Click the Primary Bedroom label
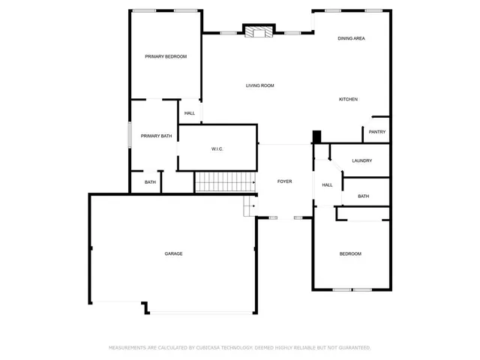(166, 56)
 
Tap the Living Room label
(260, 85)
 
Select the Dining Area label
(351, 38)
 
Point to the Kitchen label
(348, 100)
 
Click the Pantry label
(377, 133)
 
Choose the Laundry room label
(362, 160)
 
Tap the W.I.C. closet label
(217, 149)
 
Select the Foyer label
(285, 181)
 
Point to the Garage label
(174, 253)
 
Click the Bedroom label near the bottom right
(350, 254)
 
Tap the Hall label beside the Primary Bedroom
(190, 113)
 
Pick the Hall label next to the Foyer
(328, 185)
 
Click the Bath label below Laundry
(364, 196)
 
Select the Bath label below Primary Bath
(151, 182)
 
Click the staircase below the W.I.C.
(224, 181)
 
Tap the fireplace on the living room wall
(259, 31)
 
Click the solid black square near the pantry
(316, 136)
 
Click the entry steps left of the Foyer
(250, 207)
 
